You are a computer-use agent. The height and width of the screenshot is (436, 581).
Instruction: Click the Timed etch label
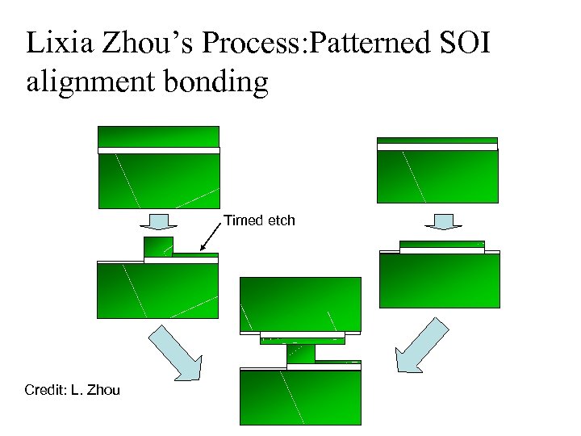point(259,220)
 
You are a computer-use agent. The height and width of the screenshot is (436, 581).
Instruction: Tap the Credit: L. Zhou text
point(72,390)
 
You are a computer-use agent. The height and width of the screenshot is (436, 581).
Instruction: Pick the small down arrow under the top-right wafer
point(442,220)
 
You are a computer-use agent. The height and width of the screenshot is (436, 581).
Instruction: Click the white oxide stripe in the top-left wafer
point(158,150)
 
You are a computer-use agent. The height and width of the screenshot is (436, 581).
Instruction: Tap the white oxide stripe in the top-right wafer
point(437,147)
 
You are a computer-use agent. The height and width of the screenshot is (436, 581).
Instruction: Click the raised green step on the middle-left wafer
point(157,246)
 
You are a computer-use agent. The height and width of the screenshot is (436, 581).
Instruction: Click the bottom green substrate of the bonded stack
point(300,397)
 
